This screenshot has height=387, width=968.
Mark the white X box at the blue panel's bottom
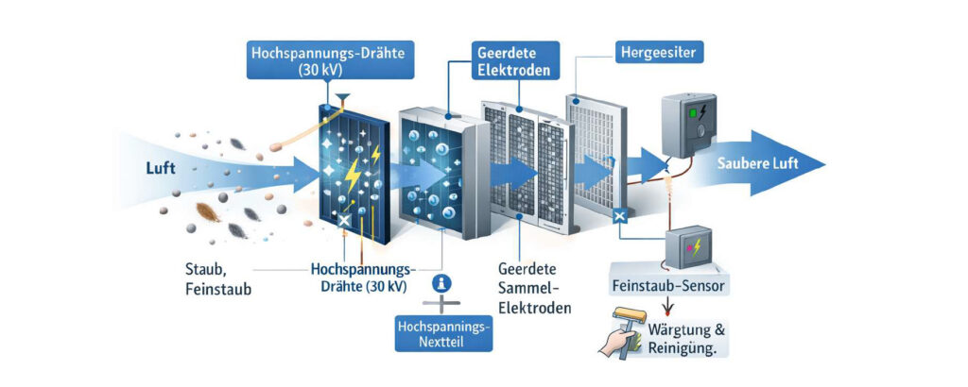point(344,220)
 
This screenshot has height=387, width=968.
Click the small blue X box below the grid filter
point(620,216)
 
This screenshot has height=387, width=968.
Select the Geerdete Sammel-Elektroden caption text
point(533,287)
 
